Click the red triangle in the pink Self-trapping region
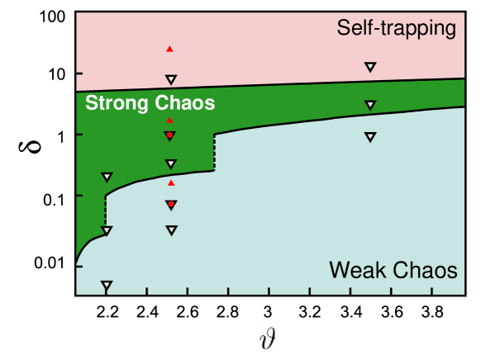click(169, 50)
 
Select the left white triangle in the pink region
click(171, 80)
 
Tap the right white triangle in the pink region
click(370, 67)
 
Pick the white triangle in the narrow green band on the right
click(370, 105)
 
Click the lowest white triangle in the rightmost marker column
click(369, 137)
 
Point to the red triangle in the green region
click(169, 121)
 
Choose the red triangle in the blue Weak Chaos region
click(171, 182)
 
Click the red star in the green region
click(169, 135)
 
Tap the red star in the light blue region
click(171, 203)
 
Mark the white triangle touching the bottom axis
click(106, 286)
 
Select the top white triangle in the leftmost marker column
click(106, 177)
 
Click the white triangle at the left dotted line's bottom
click(106, 231)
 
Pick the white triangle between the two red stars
click(170, 163)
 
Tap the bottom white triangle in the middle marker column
click(171, 230)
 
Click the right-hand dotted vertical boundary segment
click(214, 152)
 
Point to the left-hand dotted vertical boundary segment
click(106, 211)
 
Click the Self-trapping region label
click(397, 28)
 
